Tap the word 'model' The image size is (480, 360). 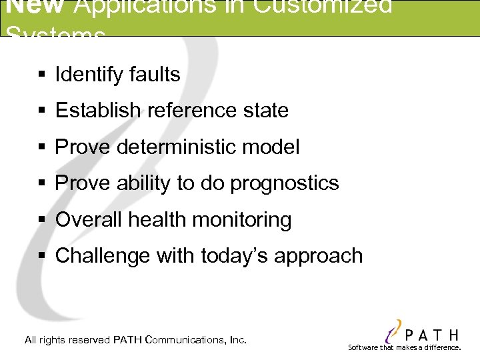(x=275, y=147)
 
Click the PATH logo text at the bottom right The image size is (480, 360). (x=431, y=334)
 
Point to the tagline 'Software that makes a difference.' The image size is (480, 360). (x=404, y=347)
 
